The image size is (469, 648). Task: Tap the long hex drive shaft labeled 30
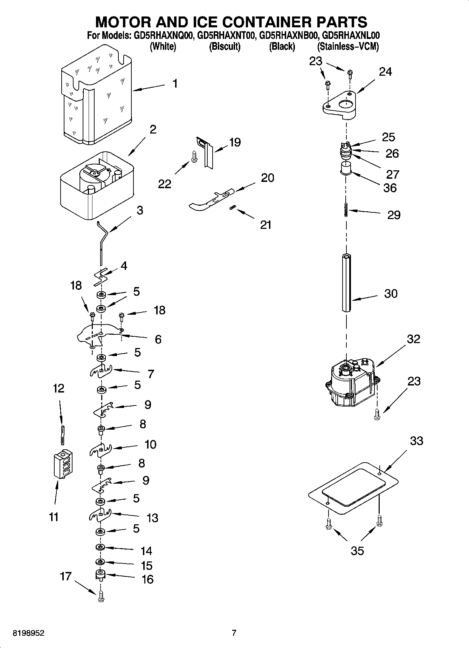click(346, 282)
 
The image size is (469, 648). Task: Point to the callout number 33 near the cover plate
click(416, 441)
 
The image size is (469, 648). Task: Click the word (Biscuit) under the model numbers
click(225, 46)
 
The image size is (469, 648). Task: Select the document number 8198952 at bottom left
click(29, 633)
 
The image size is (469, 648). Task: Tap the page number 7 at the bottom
click(234, 633)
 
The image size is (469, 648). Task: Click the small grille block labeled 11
click(63, 464)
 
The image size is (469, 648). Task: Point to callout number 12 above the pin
click(58, 388)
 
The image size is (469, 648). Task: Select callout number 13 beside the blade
click(152, 518)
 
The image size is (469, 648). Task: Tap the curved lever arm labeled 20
click(210, 199)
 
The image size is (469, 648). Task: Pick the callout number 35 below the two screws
click(357, 551)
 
